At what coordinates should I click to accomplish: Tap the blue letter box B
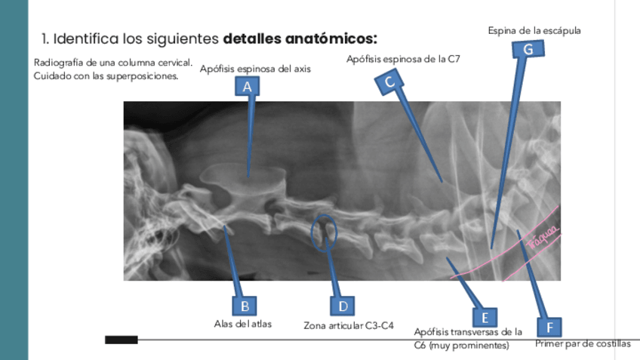[x=244, y=306]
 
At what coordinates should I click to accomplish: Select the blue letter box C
[x=389, y=82]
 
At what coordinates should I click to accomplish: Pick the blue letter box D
[x=343, y=306]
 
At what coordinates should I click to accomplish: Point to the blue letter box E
[x=485, y=317]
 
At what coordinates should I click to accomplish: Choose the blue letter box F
[x=549, y=328]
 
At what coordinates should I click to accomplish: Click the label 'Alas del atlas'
[x=243, y=324]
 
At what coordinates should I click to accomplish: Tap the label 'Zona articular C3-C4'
[x=349, y=326]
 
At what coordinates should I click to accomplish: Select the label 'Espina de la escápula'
[x=534, y=30]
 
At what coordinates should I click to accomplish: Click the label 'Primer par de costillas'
[x=582, y=344]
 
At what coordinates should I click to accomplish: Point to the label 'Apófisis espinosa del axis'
[x=255, y=69]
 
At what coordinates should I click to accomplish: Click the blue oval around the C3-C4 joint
[x=325, y=233]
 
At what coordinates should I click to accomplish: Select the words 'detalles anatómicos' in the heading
[x=300, y=37]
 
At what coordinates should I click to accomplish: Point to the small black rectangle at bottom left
[x=121, y=340]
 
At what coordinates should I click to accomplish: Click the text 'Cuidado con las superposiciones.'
[x=106, y=75]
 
